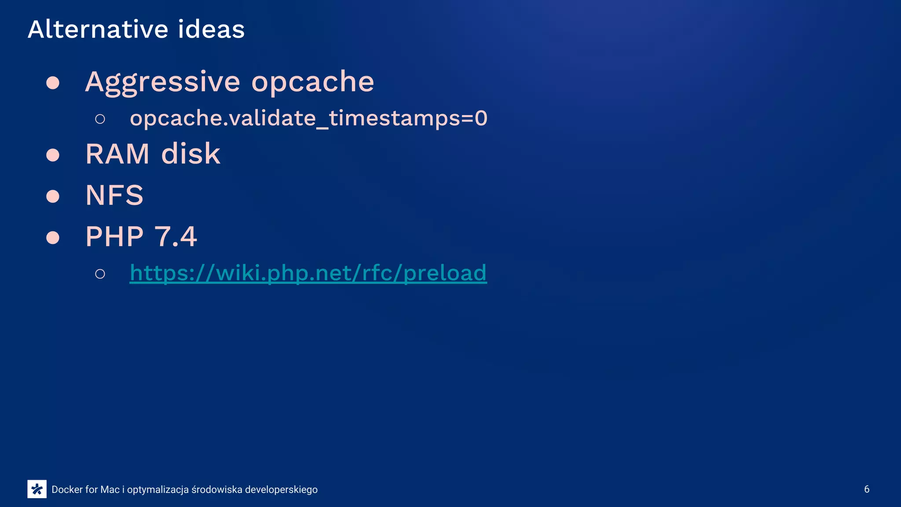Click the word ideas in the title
click(x=211, y=29)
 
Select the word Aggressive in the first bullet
click(x=163, y=82)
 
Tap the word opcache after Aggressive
click(x=312, y=82)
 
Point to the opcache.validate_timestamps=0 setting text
click(x=308, y=118)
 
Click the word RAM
click(x=117, y=154)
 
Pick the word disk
click(x=191, y=154)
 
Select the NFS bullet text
click(x=114, y=195)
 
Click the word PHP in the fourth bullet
click(x=114, y=237)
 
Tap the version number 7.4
click(x=176, y=237)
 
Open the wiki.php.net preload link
click(x=308, y=273)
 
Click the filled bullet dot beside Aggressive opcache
click(x=53, y=83)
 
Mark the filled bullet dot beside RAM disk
click(x=53, y=155)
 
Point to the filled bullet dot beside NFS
click(x=53, y=196)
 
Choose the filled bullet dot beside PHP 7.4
click(x=53, y=238)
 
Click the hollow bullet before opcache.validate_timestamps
click(x=100, y=119)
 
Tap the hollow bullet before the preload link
click(x=100, y=274)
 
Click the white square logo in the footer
click(x=37, y=489)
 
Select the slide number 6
click(x=867, y=489)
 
